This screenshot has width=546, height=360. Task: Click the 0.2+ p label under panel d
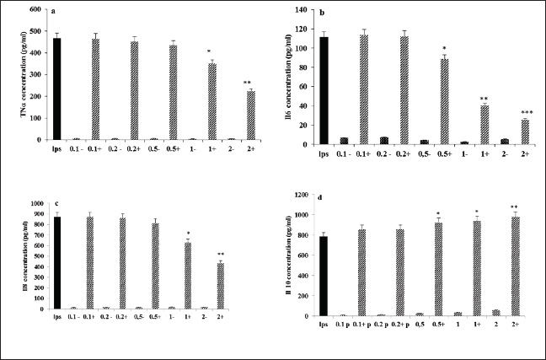[402, 325]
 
